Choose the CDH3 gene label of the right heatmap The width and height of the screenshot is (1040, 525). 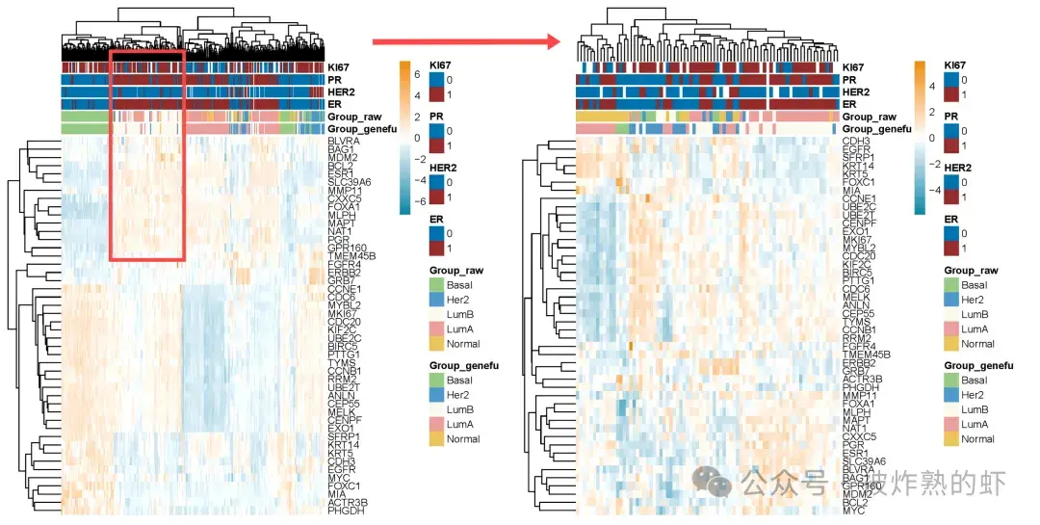click(857, 142)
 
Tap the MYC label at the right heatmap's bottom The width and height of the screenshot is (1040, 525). click(854, 511)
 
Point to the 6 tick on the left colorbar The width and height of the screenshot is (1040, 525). click(418, 73)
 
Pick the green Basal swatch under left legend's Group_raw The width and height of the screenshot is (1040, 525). click(436, 286)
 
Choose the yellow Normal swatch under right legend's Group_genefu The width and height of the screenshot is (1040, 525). click(951, 439)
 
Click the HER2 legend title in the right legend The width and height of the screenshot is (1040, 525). click(955, 168)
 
